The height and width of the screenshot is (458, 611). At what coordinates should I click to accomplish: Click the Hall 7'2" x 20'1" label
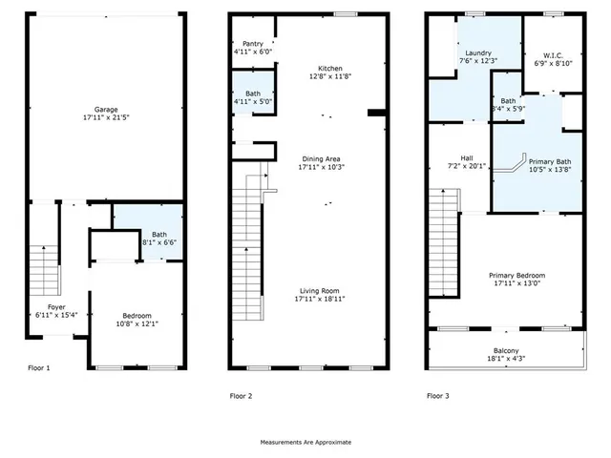coord(466,161)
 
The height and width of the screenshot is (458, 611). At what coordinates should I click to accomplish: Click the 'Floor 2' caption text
coord(243,395)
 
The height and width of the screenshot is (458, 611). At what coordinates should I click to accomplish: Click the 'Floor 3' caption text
coord(438,395)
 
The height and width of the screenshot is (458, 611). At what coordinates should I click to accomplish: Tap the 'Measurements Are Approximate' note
coord(305,442)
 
